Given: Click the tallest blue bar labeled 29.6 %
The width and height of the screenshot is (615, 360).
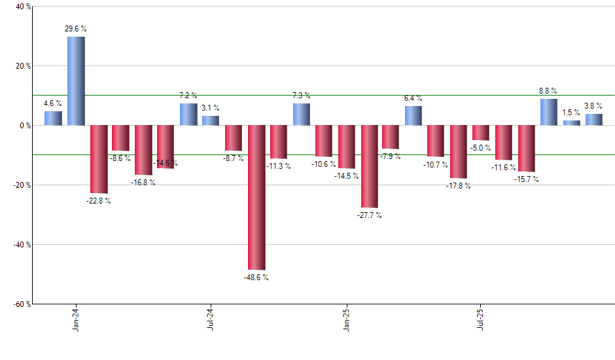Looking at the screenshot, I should click(76, 81).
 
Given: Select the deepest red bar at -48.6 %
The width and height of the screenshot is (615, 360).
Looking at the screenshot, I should click(256, 197).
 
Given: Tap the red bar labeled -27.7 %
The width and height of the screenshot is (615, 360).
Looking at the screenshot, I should click(369, 166).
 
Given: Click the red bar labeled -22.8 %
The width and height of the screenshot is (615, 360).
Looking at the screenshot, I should click(99, 159).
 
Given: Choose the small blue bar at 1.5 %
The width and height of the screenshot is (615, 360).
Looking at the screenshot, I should click(571, 122).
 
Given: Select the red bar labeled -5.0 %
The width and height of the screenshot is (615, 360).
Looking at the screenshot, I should click(481, 132).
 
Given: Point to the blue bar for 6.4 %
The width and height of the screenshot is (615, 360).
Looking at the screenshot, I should click(413, 115).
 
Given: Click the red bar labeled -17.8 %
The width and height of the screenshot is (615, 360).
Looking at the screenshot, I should click(459, 151).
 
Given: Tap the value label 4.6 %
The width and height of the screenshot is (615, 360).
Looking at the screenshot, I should click(53, 103).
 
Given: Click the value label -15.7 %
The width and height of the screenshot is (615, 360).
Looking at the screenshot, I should click(526, 179).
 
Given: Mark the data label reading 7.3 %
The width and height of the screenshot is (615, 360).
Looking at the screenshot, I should click(302, 96).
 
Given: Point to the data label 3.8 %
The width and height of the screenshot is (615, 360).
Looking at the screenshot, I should click(593, 106).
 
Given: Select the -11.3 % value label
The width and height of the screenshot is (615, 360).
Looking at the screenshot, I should click(279, 166).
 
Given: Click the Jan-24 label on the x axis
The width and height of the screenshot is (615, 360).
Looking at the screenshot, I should click(77, 319).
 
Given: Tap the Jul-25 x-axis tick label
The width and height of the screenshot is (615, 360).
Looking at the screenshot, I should click(481, 319).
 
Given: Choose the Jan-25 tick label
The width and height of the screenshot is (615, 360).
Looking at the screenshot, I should click(346, 319).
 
